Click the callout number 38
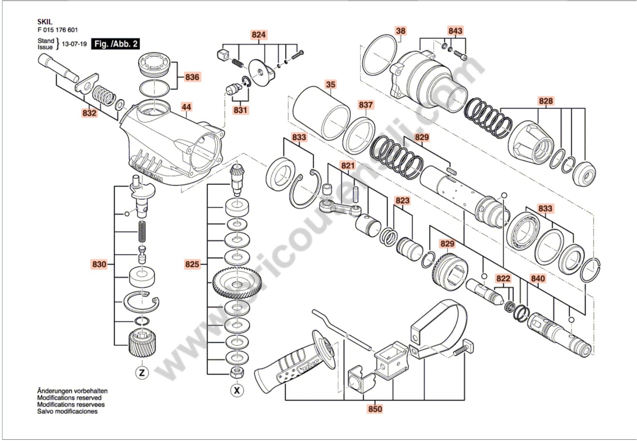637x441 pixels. (x=401, y=31)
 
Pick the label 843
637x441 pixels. (x=455, y=31)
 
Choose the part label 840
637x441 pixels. (x=538, y=279)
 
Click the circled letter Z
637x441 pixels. (x=142, y=373)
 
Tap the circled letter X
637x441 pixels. (x=237, y=390)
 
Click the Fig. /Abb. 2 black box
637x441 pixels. (x=116, y=44)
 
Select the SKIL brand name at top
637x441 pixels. (x=45, y=21)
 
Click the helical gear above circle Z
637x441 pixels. (x=142, y=345)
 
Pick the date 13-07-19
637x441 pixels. (x=74, y=44)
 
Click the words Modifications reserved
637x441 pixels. (x=69, y=398)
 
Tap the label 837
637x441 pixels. (x=366, y=105)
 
